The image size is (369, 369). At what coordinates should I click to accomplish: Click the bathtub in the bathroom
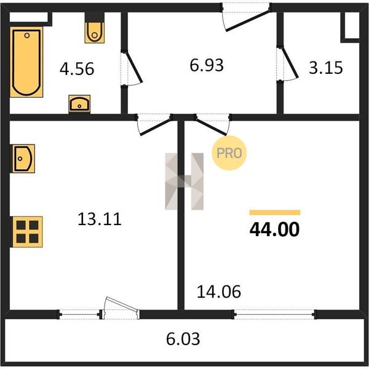[x=26, y=62]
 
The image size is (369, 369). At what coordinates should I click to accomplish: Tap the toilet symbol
[x=95, y=33]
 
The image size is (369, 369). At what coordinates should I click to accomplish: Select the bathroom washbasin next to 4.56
[x=79, y=104]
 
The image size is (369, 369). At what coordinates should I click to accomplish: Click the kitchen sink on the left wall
[x=23, y=159]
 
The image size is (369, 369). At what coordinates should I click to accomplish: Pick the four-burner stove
[x=26, y=232]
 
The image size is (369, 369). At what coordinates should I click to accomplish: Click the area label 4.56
[x=77, y=69]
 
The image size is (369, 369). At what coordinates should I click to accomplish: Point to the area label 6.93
[x=207, y=65]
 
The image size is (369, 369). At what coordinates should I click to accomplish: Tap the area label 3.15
[x=326, y=68]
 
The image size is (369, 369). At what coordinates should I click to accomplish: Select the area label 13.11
[x=100, y=219]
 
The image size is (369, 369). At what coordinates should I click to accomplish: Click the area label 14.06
[x=219, y=292]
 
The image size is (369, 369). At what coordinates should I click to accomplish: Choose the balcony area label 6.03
[x=183, y=339]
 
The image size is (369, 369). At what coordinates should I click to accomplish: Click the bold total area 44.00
[x=274, y=229]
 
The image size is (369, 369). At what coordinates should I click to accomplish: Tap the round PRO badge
[x=229, y=153]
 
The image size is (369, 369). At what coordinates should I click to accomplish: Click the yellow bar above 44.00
[x=275, y=213]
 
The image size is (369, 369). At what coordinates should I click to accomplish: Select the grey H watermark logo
[x=184, y=181]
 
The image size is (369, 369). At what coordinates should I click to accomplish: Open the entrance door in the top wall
[x=248, y=20]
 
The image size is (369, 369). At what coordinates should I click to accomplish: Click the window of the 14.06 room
[x=274, y=314]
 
